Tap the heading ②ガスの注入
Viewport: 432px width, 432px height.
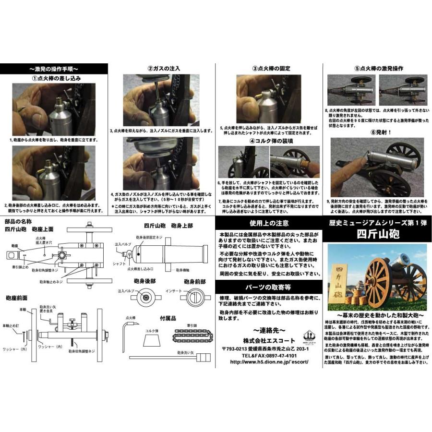click(164, 69)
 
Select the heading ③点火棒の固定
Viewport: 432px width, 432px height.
click(271, 69)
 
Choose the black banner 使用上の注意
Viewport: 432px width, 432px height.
click(269, 223)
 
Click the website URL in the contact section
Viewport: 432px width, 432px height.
click(269, 362)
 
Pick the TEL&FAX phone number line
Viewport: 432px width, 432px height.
click(269, 356)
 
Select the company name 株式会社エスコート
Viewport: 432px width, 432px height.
click(269, 341)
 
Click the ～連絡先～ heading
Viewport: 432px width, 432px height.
click(269, 331)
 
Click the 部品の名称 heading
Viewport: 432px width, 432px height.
click(18, 221)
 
